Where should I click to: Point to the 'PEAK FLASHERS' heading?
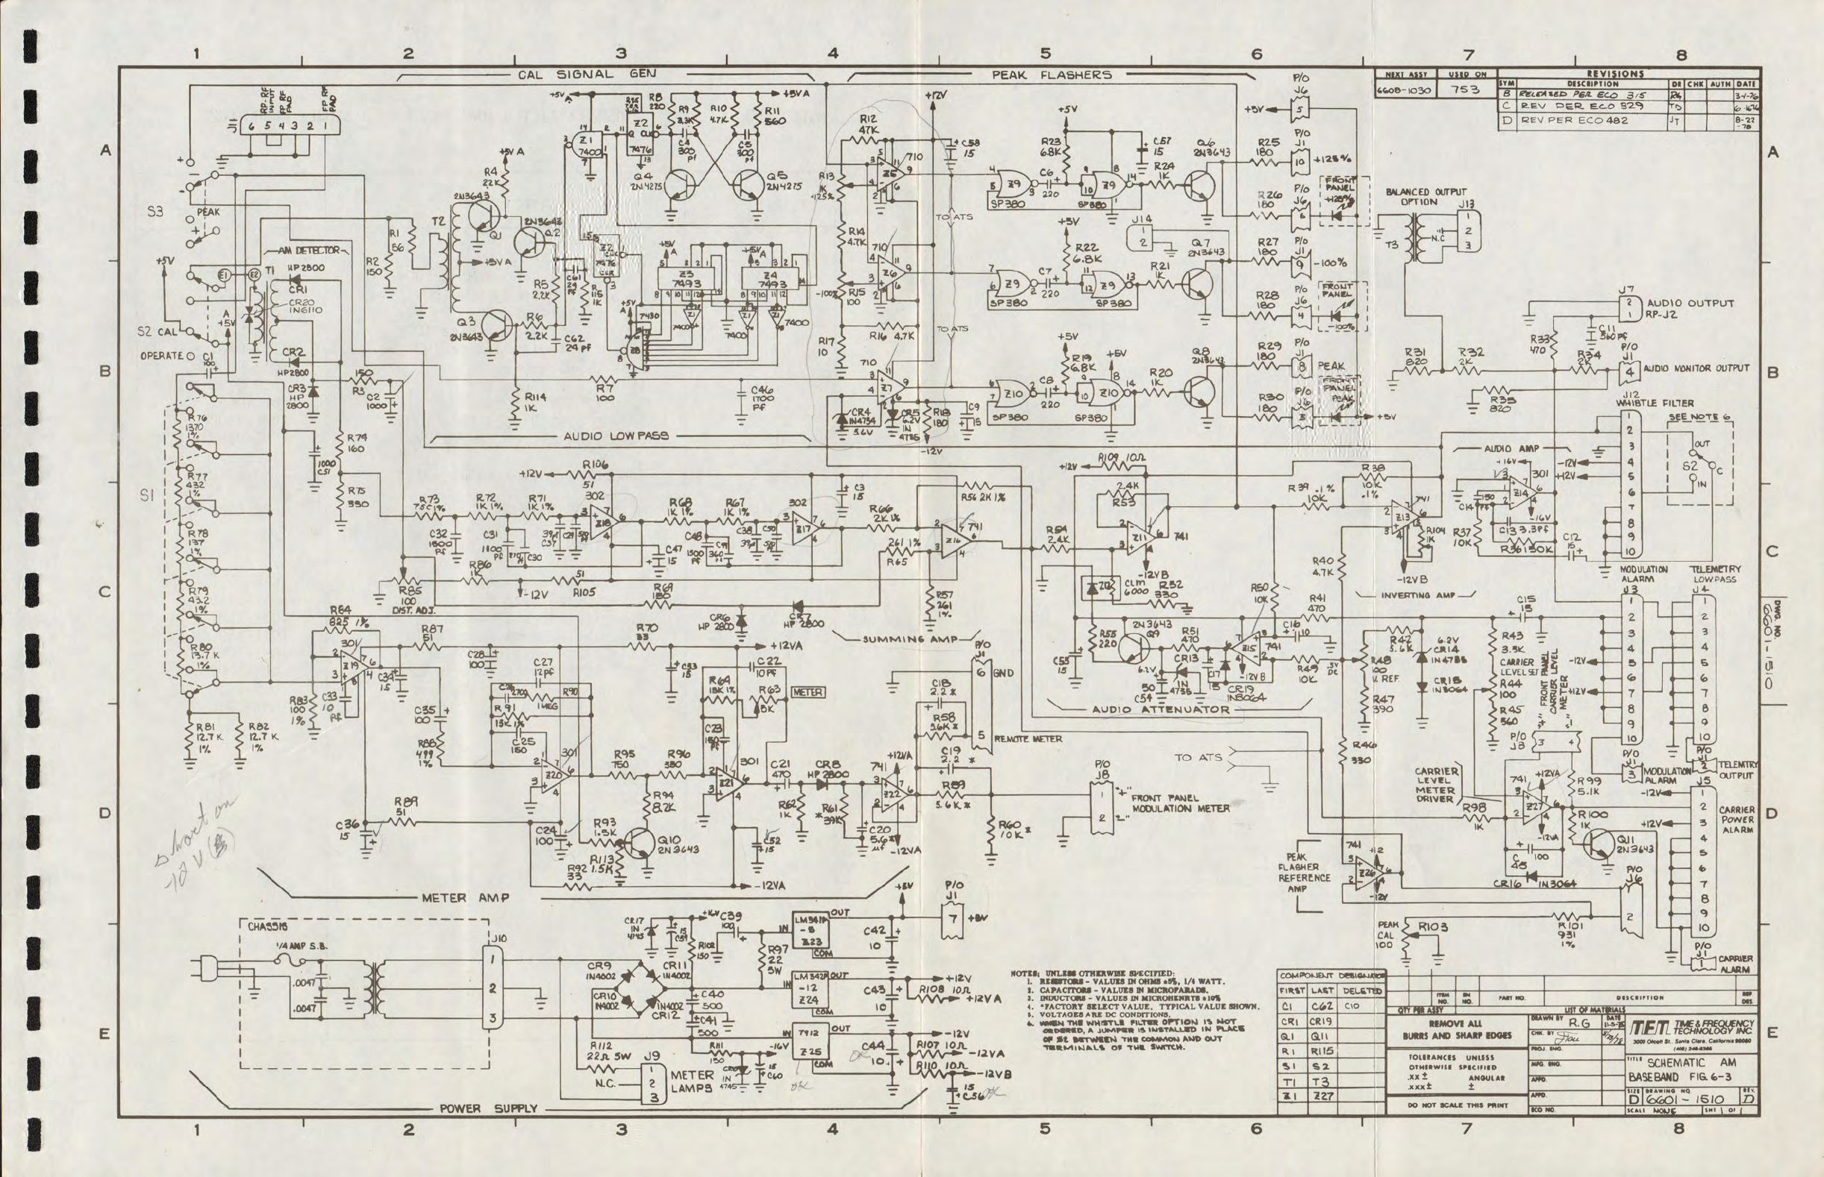point(1052,75)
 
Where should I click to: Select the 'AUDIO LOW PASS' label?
point(616,436)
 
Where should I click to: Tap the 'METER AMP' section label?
point(465,897)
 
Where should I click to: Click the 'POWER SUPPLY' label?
point(488,1108)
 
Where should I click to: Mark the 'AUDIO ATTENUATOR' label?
point(1161,709)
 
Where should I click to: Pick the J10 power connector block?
point(493,988)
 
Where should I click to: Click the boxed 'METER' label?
point(807,692)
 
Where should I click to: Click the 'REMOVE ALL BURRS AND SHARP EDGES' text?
point(1457,1029)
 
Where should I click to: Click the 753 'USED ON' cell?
point(1467,90)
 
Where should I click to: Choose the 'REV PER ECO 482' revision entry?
point(1574,120)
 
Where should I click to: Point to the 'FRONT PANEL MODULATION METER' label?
point(1180,803)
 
